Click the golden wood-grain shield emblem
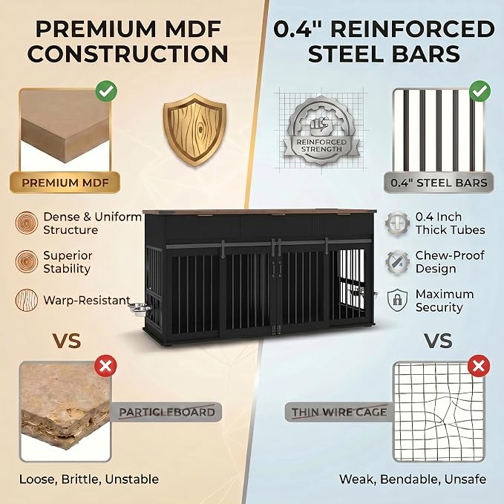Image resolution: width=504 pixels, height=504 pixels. click(x=194, y=130)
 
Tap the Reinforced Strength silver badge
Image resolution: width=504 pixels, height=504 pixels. click(x=321, y=131)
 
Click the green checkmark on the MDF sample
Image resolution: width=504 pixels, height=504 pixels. click(x=106, y=91)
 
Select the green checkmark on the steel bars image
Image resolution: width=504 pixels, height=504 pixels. click(x=480, y=91)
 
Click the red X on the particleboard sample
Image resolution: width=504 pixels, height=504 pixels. click(x=105, y=366)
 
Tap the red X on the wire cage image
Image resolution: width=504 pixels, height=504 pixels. click(x=479, y=366)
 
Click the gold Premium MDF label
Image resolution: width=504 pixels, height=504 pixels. click(x=65, y=183)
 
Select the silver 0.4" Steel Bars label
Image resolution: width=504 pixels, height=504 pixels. click(x=439, y=183)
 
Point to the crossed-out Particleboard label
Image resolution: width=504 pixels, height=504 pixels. click(x=166, y=412)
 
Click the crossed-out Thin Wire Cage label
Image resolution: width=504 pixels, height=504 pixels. click(x=339, y=412)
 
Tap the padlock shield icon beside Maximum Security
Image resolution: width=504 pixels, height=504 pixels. click(x=398, y=300)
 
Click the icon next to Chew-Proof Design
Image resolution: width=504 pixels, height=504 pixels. click(x=398, y=262)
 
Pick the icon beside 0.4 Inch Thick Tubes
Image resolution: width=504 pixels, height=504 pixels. click(x=398, y=223)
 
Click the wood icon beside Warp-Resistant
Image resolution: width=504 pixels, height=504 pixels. click(x=27, y=300)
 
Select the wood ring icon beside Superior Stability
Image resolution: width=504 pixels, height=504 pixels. click(x=27, y=261)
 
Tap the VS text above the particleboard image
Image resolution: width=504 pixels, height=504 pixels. click(x=67, y=341)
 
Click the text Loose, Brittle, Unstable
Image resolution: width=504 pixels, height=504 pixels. click(x=89, y=480)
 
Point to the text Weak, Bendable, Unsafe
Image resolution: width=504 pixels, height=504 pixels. click(x=413, y=480)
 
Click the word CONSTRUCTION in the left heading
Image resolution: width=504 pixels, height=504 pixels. click(x=128, y=53)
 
